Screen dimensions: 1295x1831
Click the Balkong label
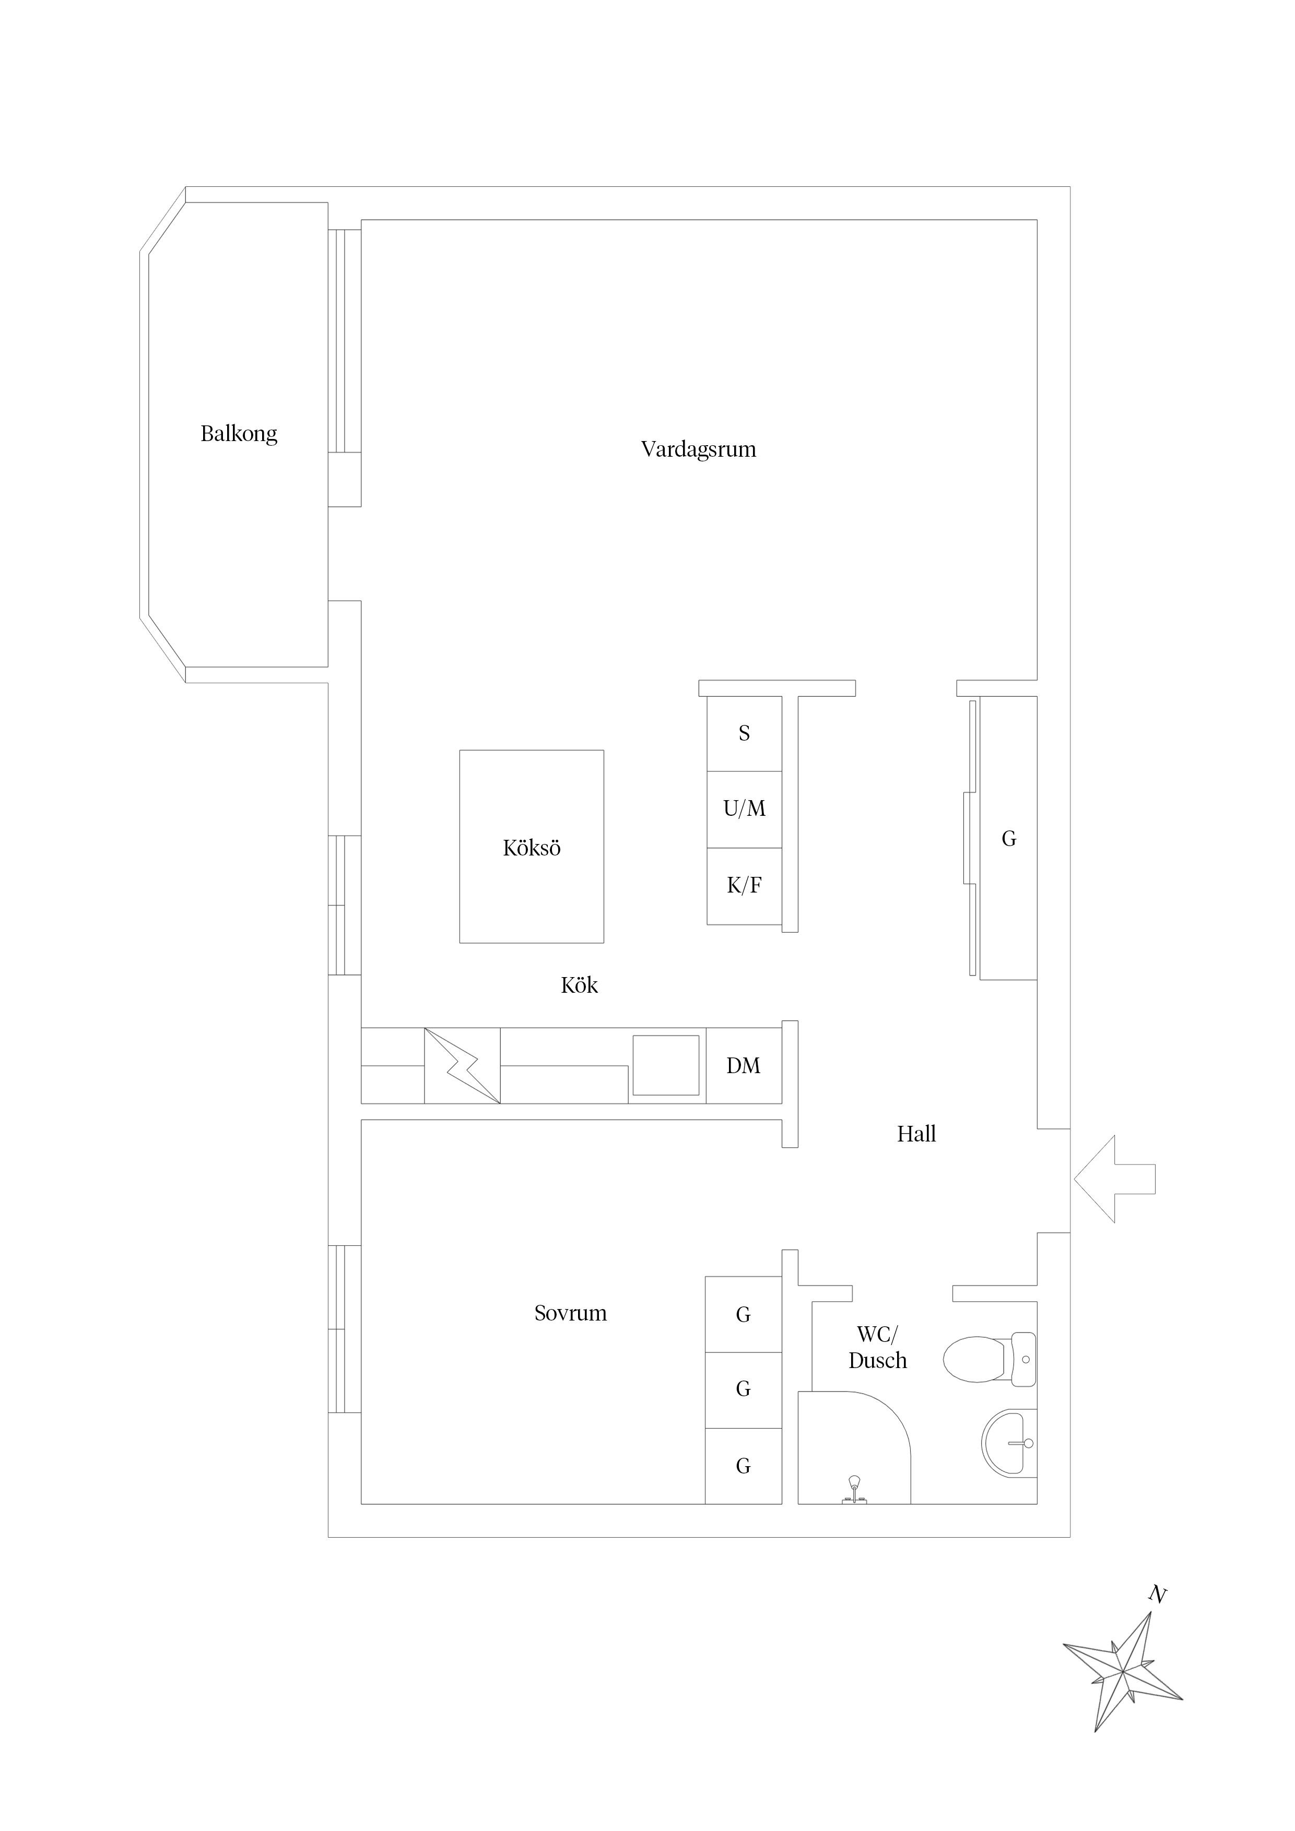(x=239, y=434)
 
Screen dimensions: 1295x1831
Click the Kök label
(x=579, y=985)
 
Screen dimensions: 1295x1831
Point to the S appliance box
(x=745, y=734)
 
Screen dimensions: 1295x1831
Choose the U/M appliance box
(x=745, y=810)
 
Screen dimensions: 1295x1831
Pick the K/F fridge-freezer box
(x=745, y=886)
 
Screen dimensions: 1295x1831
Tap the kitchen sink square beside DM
(x=666, y=1065)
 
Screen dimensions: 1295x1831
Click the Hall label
(x=916, y=1134)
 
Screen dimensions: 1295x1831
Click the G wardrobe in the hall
(x=1008, y=838)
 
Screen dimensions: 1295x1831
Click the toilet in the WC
(x=990, y=1359)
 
